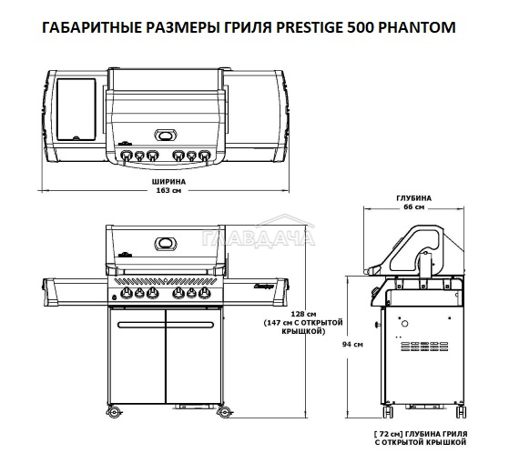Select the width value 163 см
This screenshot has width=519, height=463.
(168, 190)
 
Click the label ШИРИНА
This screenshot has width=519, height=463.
(168, 182)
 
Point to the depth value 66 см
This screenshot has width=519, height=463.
(413, 207)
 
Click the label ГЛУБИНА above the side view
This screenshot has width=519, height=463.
(413, 198)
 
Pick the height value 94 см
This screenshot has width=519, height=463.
(352, 344)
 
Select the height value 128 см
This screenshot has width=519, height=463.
(303, 314)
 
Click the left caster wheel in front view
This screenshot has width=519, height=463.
(114, 412)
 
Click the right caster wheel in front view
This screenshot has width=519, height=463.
(224, 412)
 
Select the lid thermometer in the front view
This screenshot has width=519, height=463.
(166, 244)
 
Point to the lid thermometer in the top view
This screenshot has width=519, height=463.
(166, 136)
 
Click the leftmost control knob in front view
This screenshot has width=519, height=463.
(127, 293)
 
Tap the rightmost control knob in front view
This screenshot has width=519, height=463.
(205, 293)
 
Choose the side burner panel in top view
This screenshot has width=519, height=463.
(76, 109)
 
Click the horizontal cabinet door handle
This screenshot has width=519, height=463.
(166, 325)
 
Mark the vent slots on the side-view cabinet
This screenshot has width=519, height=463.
(424, 347)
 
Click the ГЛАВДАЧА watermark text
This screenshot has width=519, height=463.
(259, 238)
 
